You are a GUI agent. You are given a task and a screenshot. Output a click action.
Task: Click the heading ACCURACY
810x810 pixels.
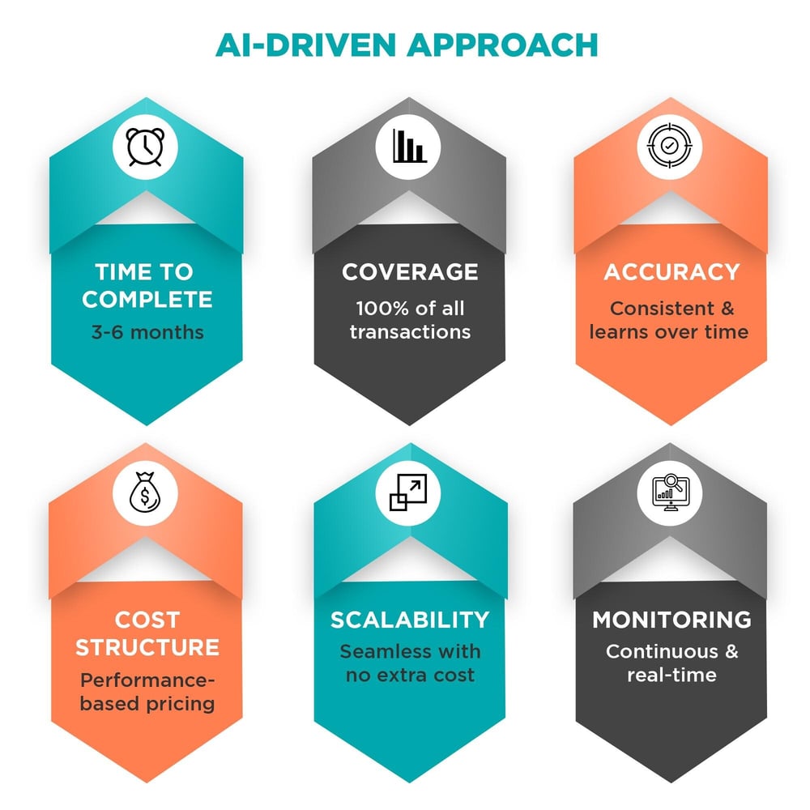point(671,273)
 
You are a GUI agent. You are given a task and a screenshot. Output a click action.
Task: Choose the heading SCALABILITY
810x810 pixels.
point(410,620)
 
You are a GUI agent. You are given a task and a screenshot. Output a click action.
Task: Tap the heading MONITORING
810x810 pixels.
point(671,620)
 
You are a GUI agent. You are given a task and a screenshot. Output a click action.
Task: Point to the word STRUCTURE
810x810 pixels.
point(147,647)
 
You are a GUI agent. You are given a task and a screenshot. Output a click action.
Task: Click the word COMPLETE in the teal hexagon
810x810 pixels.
point(147,299)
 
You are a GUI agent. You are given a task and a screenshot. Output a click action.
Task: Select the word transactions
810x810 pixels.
point(410,332)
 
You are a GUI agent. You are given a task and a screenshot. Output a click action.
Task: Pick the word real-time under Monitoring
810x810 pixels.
point(671,675)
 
